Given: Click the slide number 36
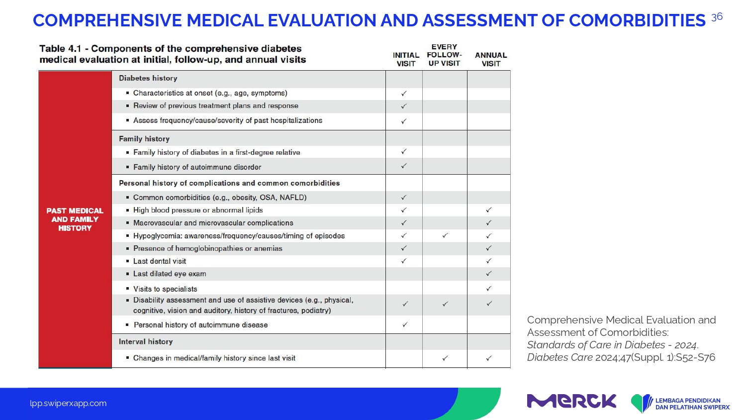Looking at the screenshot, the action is click(717, 17).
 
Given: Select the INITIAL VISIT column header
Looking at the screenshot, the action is click(406, 59).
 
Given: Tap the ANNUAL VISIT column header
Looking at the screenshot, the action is click(490, 59).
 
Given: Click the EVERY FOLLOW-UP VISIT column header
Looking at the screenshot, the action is click(444, 55).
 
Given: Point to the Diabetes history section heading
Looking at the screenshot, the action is click(148, 78).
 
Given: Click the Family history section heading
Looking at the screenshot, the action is click(144, 139).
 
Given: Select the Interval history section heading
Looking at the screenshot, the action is click(146, 342).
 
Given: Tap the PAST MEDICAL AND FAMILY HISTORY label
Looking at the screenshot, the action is click(75, 219).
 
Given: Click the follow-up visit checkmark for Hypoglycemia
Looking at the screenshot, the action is click(445, 236).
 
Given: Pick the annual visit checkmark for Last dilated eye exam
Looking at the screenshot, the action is click(488, 274).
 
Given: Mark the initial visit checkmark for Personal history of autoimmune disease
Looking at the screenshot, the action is click(405, 324).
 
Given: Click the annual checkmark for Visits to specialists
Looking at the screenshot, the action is click(488, 289).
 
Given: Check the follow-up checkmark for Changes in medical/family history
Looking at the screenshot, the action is click(445, 358).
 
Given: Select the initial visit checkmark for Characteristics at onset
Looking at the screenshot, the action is click(404, 94).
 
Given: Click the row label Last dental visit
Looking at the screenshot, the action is click(160, 261).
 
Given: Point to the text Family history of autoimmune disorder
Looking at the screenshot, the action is click(197, 167).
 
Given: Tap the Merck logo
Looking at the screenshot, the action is click(571, 401).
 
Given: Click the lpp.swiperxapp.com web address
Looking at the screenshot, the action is click(68, 404).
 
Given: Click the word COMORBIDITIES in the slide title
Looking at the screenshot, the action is click(637, 20).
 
